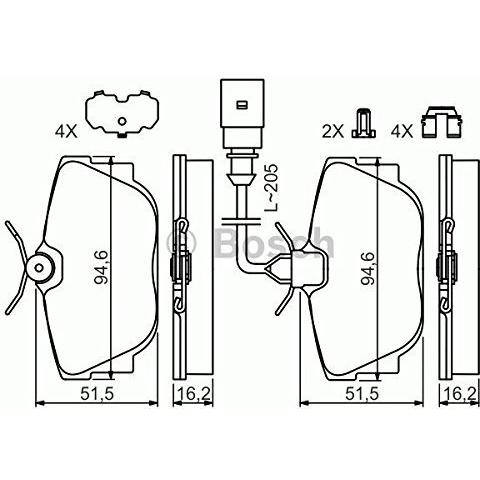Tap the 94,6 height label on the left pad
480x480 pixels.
point(99,265)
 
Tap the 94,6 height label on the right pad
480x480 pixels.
point(369,265)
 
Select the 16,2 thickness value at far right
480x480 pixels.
point(457,395)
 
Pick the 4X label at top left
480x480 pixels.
point(65,129)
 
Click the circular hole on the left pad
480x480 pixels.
point(42,266)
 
